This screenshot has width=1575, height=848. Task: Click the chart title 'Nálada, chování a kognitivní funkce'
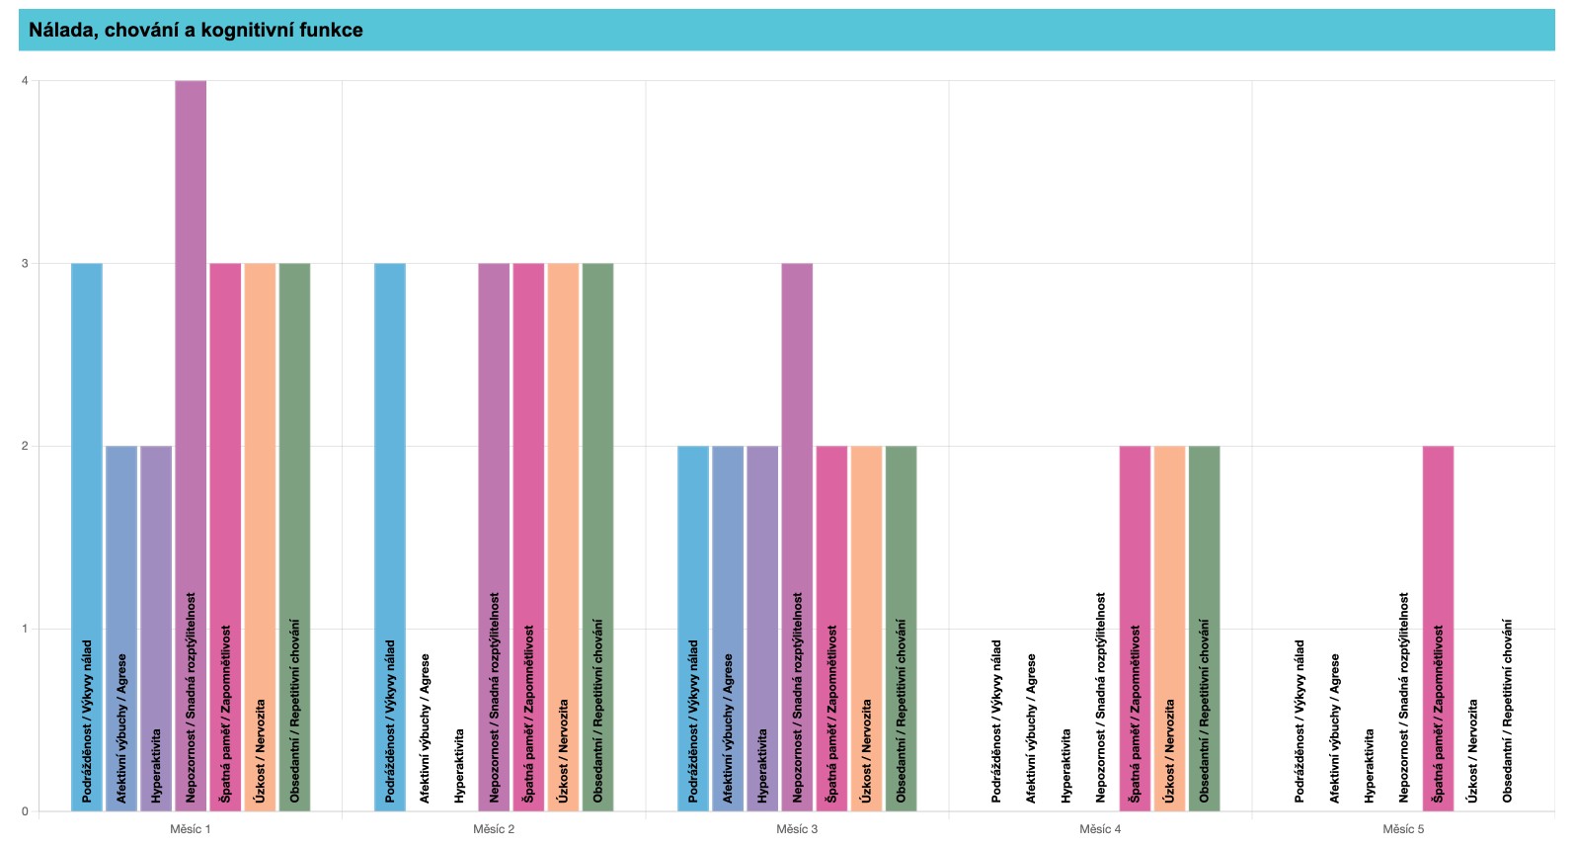click(x=196, y=31)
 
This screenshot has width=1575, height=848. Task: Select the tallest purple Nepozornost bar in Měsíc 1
click(x=191, y=446)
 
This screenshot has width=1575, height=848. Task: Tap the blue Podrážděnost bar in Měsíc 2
click(x=389, y=537)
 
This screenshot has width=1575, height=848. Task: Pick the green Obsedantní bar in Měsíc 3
click(x=901, y=629)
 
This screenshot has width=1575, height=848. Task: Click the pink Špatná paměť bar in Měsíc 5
click(x=1438, y=629)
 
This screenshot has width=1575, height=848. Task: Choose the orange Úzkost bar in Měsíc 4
click(x=1169, y=629)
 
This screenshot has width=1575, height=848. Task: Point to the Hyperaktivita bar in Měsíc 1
click(x=156, y=629)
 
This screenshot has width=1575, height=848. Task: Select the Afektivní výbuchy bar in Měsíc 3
click(x=728, y=629)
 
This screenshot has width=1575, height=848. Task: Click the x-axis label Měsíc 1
click(x=191, y=829)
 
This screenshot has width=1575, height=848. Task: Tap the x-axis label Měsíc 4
click(x=1100, y=829)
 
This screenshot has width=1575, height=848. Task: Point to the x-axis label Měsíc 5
click(x=1403, y=829)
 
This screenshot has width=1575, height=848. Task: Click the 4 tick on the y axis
click(x=26, y=80)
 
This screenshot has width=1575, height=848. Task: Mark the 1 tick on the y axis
click(x=26, y=629)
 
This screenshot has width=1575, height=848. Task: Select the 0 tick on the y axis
click(x=26, y=811)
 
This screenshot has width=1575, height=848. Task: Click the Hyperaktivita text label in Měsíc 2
click(x=459, y=766)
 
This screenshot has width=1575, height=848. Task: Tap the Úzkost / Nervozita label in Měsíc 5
click(x=1472, y=751)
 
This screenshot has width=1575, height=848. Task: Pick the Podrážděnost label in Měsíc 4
click(x=995, y=721)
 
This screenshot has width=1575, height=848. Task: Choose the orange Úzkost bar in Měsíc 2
click(x=563, y=537)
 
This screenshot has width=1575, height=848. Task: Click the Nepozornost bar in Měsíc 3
click(x=797, y=537)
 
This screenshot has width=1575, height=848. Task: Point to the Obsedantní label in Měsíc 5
click(x=1507, y=711)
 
